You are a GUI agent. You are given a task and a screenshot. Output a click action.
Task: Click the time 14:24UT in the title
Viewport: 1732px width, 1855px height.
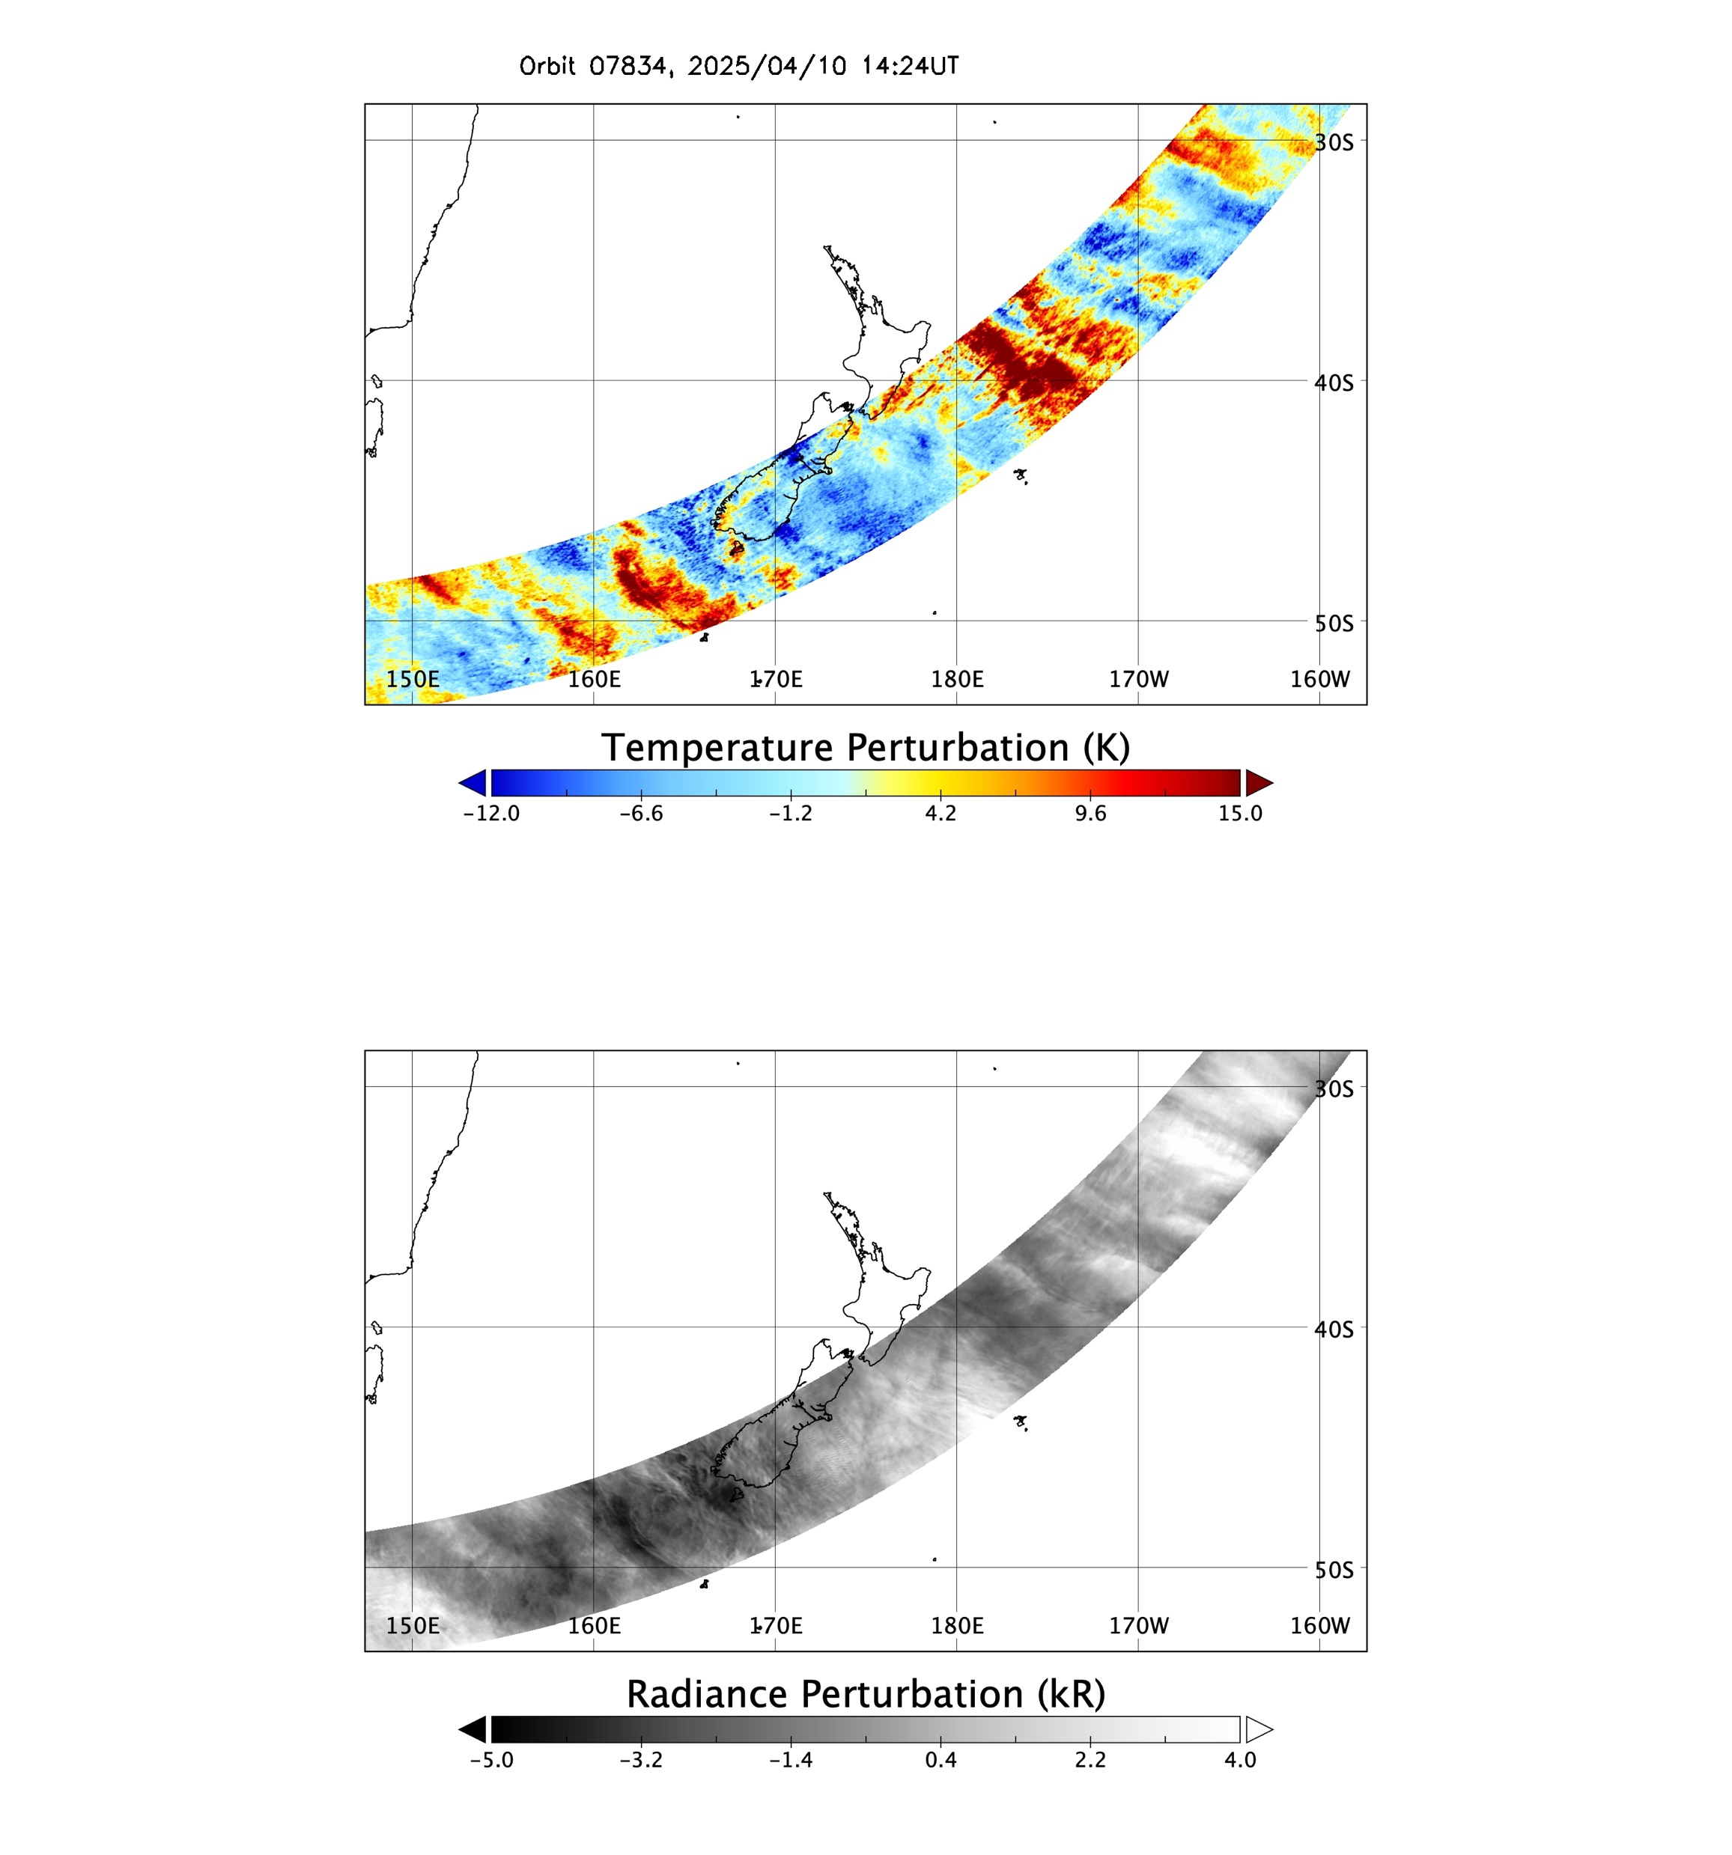pyautogui.click(x=910, y=66)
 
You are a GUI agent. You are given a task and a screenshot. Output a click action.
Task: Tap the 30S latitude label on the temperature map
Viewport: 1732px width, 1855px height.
pyautogui.click(x=1334, y=141)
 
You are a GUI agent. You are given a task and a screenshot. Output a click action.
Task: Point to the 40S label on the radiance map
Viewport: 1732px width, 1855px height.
pyautogui.click(x=1334, y=1329)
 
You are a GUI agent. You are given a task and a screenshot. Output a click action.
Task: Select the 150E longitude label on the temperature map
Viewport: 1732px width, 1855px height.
pyautogui.click(x=413, y=678)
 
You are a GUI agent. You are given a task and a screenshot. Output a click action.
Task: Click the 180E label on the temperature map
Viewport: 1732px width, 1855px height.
pyautogui.click(x=956, y=678)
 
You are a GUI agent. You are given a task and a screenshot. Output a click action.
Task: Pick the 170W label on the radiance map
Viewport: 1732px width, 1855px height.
pyautogui.click(x=1138, y=1624)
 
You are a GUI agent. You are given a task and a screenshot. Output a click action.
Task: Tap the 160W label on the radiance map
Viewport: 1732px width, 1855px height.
pyautogui.click(x=1319, y=1624)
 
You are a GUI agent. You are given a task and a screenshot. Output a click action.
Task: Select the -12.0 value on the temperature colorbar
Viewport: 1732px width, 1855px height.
pyautogui.click(x=491, y=813)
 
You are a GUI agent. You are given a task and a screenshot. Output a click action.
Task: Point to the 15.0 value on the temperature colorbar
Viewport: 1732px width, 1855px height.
pyautogui.click(x=1239, y=813)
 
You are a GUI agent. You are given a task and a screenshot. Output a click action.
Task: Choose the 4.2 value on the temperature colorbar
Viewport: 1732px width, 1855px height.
pyautogui.click(x=941, y=813)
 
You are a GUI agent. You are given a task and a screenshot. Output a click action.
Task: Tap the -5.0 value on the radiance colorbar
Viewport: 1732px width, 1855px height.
pyautogui.click(x=491, y=1759)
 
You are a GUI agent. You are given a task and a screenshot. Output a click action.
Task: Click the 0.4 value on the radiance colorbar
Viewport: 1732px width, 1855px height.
pyautogui.click(x=941, y=1759)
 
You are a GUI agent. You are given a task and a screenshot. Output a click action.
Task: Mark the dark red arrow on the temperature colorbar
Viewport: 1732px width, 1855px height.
pyautogui.click(x=1257, y=783)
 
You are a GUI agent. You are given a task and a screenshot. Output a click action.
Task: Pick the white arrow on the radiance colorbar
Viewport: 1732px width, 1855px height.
pyautogui.click(x=1257, y=1729)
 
